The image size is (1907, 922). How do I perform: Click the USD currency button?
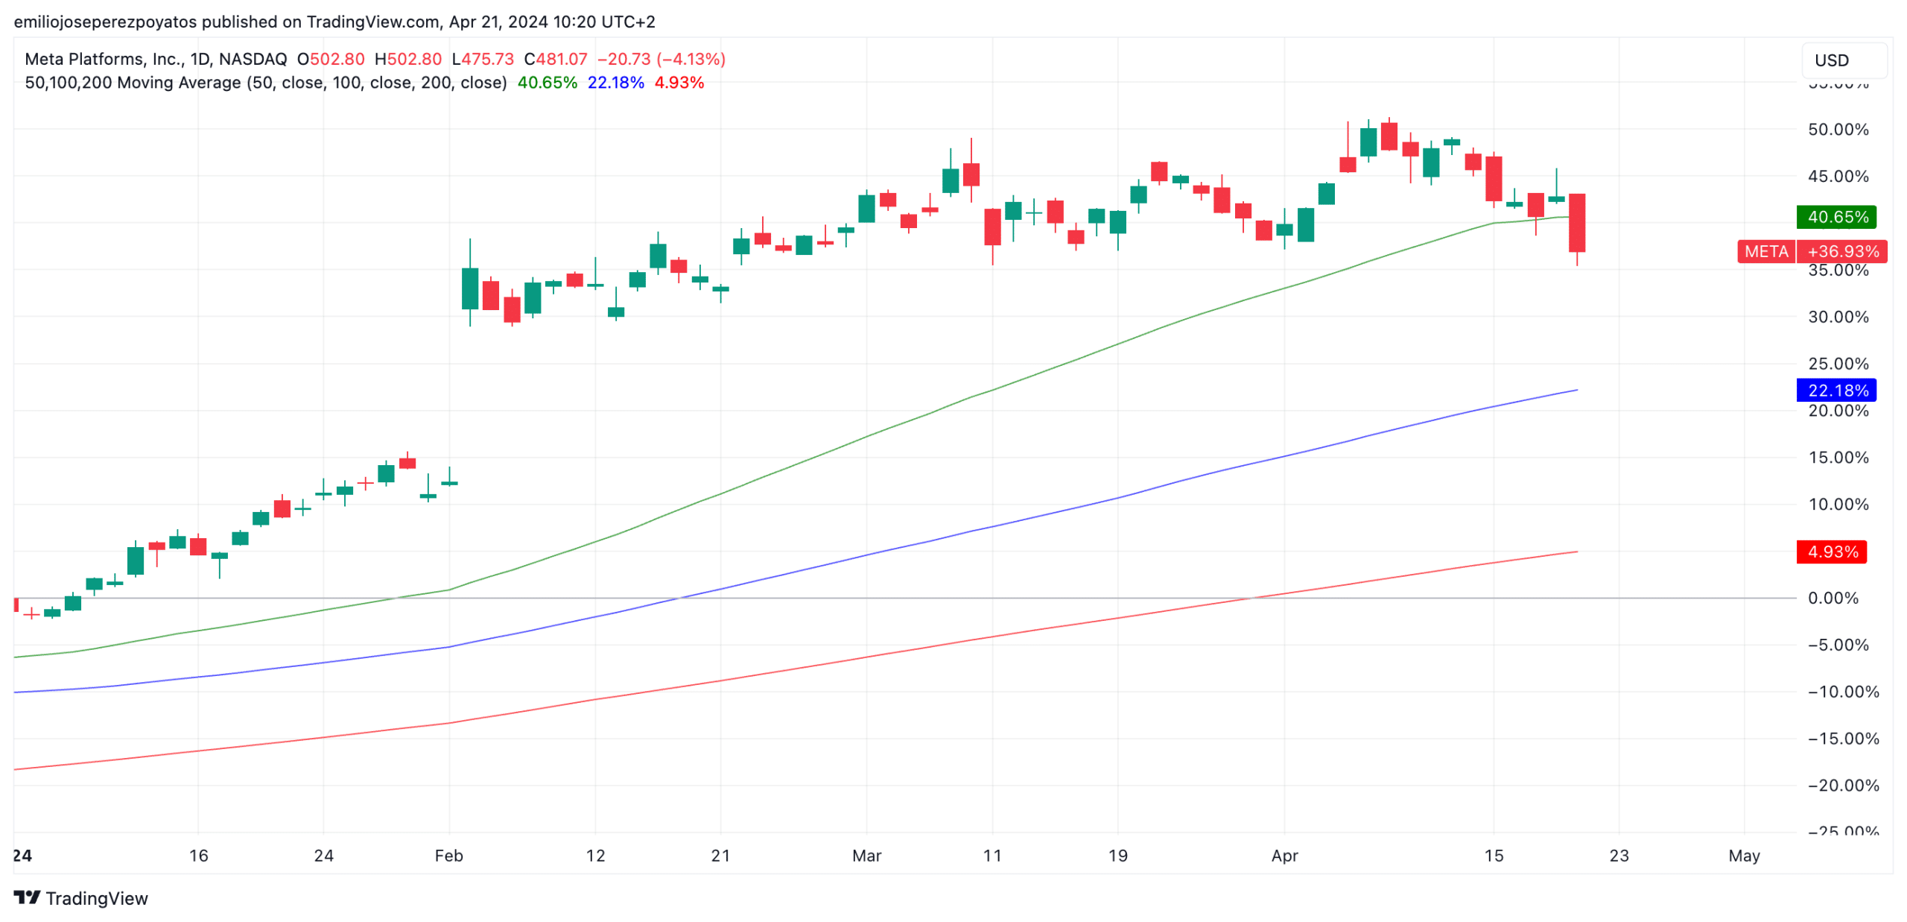pyautogui.click(x=1842, y=60)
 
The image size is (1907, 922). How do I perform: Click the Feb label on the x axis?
pyautogui.click(x=448, y=855)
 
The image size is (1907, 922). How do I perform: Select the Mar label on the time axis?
pyautogui.click(x=866, y=855)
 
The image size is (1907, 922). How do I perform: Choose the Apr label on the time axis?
pyautogui.click(x=1284, y=855)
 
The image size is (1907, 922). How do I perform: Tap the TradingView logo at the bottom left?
pyautogui.click(x=80, y=897)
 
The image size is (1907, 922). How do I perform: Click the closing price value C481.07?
pyautogui.click(x=555, y=59)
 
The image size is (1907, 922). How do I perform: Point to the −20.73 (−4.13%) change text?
pyautogui.click(x=661, y=59)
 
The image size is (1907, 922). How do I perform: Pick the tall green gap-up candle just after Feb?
pyautogui.click(x=469, y=288)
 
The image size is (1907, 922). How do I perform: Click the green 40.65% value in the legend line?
pyautogui.click(x=547, y=83)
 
